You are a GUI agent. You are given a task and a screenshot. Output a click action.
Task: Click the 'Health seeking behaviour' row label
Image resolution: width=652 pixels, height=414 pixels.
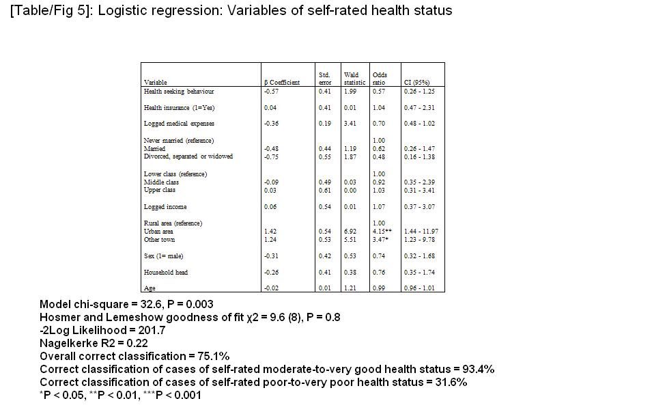coord(178,91)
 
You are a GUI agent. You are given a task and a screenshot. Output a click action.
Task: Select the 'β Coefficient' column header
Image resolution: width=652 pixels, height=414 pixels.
coord(281,83)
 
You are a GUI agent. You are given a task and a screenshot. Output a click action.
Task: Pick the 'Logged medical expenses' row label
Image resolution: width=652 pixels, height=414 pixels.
coord(178,124)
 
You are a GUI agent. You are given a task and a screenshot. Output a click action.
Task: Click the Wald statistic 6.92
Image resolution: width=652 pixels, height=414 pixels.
coord(350,232)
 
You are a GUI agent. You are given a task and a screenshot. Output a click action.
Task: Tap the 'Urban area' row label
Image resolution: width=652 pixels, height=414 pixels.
coord(158,232)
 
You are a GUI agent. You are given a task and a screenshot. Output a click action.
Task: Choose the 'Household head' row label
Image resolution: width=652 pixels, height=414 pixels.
coord(165,273)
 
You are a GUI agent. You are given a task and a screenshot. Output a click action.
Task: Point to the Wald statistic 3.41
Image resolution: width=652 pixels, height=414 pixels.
coord(350,124)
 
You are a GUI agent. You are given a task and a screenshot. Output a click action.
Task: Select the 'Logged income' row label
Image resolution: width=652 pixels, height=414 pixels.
coord(165,207)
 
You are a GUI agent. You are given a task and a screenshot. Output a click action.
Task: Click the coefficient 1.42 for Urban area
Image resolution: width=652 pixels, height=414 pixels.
coord(270,232)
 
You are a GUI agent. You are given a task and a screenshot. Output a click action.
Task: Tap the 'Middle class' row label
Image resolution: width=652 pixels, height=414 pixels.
coord(161,182)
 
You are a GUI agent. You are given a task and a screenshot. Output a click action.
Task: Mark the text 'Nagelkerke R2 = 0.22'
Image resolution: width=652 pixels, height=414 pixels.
coord(94,344)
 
